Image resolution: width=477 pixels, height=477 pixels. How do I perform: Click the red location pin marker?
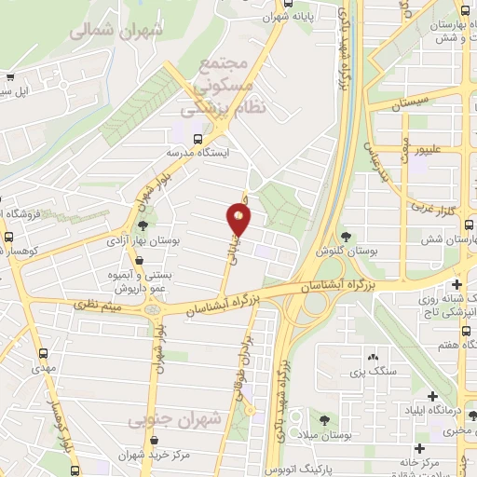pyautogui.click(x=239, y=220)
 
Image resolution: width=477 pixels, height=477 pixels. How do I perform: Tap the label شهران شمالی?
pyautogui.click(x=116, y=30)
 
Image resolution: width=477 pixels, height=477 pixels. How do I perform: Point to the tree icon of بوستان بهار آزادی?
pyautogui.click(x=143, y=225)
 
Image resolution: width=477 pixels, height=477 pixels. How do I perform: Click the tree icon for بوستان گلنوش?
pyautogui.click(x=347, y=237)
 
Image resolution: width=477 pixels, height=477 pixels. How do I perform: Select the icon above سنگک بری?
pyautogui.click(x=372, y=357)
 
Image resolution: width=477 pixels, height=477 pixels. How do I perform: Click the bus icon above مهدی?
pyautogui.click(x=44, y=354)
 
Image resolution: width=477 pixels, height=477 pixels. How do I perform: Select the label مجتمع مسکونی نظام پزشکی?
pyautogui.click(x=232, y=86)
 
